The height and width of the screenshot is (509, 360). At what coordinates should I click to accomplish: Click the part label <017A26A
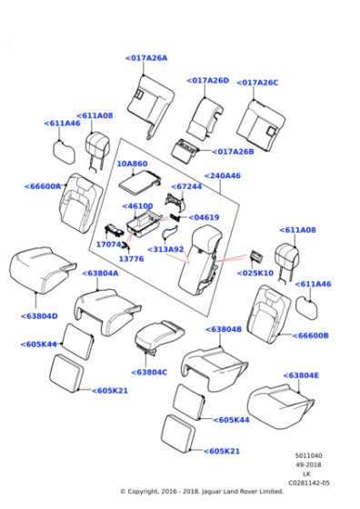pyautogui.click(x=146, y=58)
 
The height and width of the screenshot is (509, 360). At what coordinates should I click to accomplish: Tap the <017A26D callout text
pyautogui.click(x=208, y=81)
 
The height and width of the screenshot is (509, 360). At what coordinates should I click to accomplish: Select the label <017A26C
pyautogui.click(x=257, y=83)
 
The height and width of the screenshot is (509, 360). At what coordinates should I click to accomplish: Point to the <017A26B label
pyautogui.click(x=233, y=152)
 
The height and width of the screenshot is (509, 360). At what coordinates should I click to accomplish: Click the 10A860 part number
pyautogui.click(x=132, y=164)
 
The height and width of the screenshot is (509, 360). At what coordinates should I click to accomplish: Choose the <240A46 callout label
pyautogui.click(x=223, y=175)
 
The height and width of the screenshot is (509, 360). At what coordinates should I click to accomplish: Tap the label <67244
pyautogui.click(x=186, y=186)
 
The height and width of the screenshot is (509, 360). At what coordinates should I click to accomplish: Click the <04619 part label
pyautogui.click(x=204, y=217)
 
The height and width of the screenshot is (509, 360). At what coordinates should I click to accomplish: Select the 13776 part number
pyautogui.click(x=131, y=259)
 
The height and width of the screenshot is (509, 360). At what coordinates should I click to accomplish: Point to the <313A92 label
pyautogui.click(x=165, y=249)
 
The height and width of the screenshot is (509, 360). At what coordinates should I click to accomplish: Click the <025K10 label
pyautogui.click(x=255, y=273)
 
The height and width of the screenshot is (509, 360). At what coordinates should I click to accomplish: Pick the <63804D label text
pyautogui.click(x=39, y=316)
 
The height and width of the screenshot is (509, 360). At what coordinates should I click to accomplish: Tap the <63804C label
pyautogui.click(x=149, y=373)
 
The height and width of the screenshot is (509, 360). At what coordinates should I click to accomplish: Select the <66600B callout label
pyautogui.click(x=310, y=335)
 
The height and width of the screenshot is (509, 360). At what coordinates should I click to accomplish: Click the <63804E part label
pyautogui.click(x=301, y=375)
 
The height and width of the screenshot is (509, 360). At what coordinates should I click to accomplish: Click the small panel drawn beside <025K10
pyautogui.click(x=256, y=257)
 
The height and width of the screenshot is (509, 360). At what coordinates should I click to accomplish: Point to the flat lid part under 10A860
pyautogui.click(x=139, y=182)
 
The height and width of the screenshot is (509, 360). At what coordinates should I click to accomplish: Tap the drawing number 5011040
pyautogui.click(x=309, y=455)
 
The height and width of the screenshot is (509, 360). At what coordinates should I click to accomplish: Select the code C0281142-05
pyautogui.click(x=309, y=483)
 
